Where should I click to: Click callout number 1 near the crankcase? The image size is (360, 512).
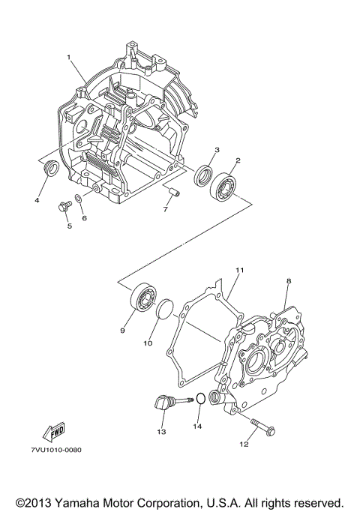(68, 57)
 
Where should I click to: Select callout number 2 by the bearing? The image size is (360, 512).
(238, 160)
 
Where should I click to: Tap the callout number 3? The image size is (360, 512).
(216, 151)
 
